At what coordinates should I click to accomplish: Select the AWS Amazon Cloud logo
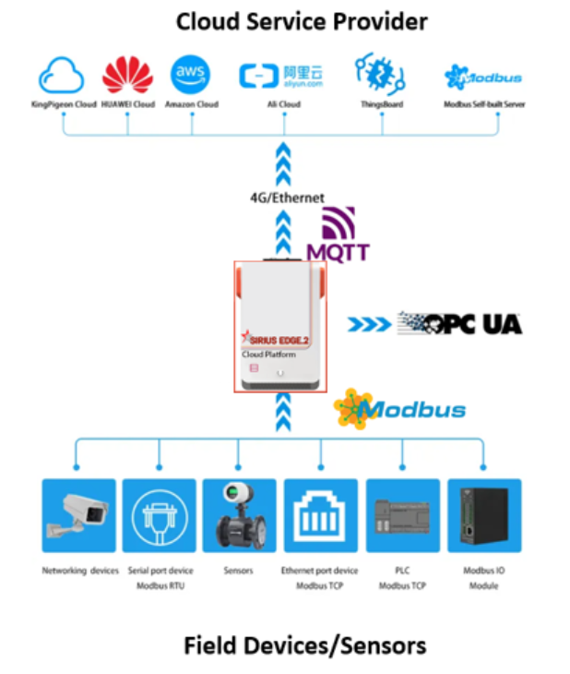[191, 75]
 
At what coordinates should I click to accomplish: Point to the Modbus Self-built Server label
[484, 104]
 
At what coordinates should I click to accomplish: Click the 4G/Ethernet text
[287, 198]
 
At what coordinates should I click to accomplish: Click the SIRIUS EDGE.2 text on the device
[276, 339]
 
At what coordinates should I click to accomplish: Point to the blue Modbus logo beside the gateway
[400, 408]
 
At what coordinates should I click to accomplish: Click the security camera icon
[79, 515]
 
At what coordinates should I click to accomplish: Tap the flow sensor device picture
[238, 515]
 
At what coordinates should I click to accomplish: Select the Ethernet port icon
[320, 515]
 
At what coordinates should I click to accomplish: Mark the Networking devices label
[80, 571]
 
